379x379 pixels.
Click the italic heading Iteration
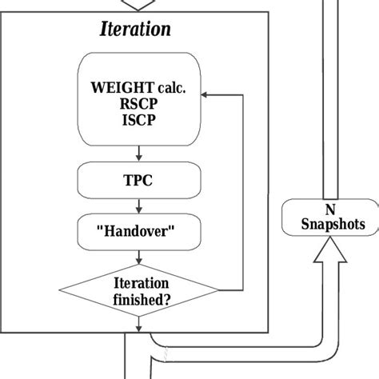point(135,30)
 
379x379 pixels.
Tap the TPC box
point(139,182)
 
